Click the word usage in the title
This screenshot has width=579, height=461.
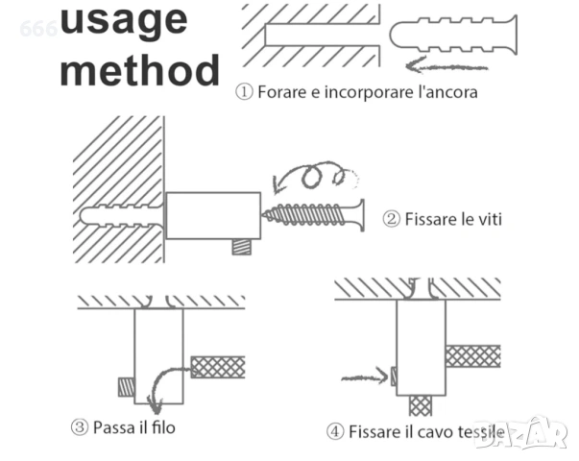[124, 21]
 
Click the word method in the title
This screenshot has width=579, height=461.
[139, 70]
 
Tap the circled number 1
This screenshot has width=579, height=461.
[244, 93]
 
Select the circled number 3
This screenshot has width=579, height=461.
[80, 426]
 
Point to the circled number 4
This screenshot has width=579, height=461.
[335, 431]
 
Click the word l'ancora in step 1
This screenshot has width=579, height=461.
[446, 93]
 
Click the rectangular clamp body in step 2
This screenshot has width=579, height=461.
[213, 216]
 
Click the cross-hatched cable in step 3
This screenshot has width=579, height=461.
[218, 367]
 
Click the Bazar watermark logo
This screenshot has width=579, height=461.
[521, 433]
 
